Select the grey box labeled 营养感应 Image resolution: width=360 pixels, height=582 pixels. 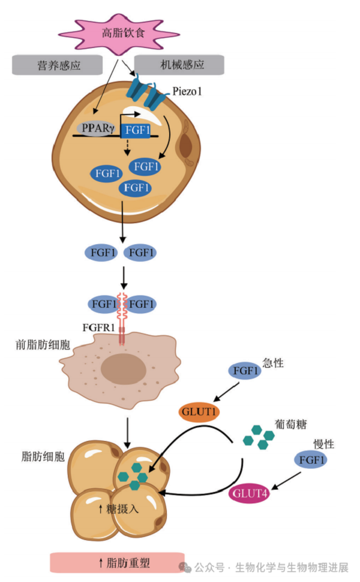click(x=55, y=65)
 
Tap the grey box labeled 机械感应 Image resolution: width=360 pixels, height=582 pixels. click(x=178, y=65)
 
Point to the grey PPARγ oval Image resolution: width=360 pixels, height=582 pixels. click(x=96, y=128)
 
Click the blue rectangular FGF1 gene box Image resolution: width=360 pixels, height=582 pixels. click(x=136, y=130)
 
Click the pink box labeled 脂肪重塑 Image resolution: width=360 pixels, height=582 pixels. click(x=117, y=562)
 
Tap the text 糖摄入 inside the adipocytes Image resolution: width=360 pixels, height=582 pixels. click(x=119, y=509)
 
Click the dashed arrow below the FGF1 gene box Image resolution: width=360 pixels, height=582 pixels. click(x=127, y=148)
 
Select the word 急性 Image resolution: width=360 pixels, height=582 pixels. click(x=273, y=364)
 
